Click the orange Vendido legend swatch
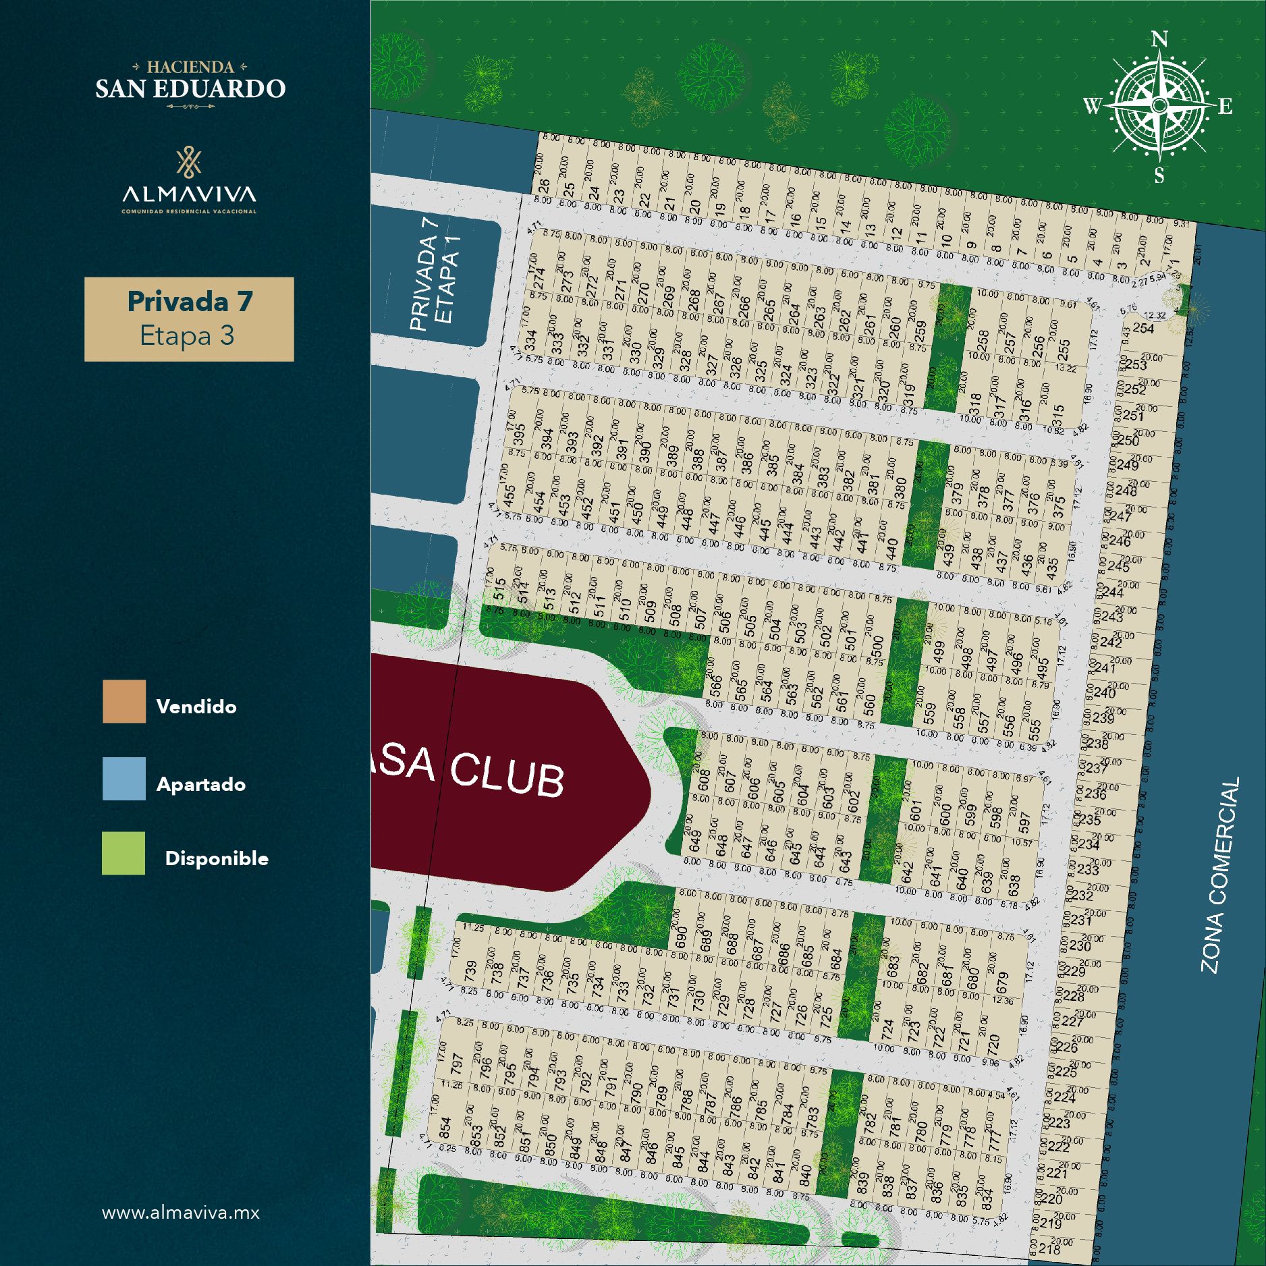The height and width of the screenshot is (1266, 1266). point(123,701)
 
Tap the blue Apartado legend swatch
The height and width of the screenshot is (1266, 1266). point(123,778)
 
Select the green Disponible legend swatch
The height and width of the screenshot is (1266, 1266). point(123,853)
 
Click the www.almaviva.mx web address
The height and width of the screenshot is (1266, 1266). point(180,1213)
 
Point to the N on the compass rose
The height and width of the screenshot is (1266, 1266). point(1159,40)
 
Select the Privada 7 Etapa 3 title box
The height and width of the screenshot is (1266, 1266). point(189,319)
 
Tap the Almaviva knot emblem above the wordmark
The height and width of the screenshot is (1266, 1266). point(189,162)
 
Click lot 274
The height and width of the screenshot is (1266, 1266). point(539,277)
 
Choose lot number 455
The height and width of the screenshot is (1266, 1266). point(510,493)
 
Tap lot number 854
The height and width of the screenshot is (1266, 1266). point(445,1127)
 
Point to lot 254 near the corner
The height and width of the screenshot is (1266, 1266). point(1143,328)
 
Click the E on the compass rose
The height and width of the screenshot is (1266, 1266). point(1225,106)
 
